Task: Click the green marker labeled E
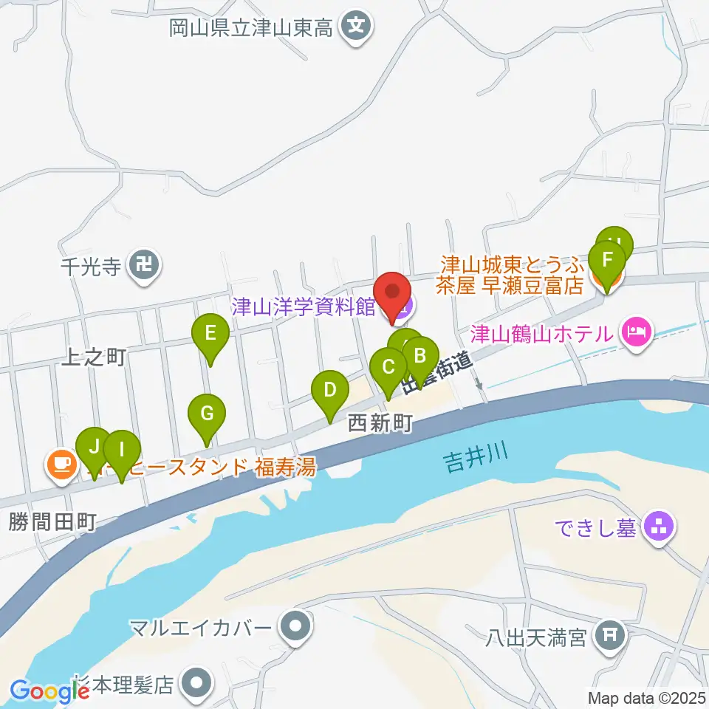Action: pos(210,334)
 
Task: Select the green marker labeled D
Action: pos(330,389)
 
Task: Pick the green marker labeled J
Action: pos(94,448)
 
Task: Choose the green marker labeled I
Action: pos(123,449)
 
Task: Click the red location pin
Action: pos(393,293)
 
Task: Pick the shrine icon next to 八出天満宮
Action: pos(610,634)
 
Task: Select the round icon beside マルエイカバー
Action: pos(296,627)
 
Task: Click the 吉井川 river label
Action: pos(476,464)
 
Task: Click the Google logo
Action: pos(49,691)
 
